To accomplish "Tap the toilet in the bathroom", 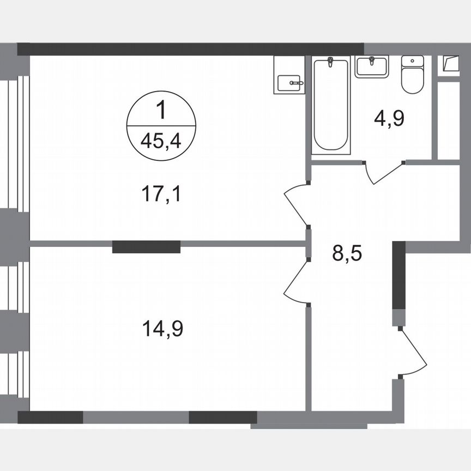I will point(412,79).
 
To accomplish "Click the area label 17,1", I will point(160,194).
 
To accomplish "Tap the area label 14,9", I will point(162,329).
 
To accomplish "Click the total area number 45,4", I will point(160,141).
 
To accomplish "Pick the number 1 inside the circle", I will point(160,112).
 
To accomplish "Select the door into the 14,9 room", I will point(296,280).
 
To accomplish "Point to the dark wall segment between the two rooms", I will point(146,247).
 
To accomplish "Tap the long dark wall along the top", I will point(191,49).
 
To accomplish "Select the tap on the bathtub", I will point(330,62).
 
